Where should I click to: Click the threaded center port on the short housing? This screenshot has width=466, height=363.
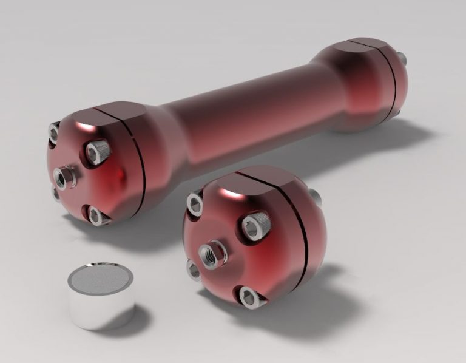(209, 253)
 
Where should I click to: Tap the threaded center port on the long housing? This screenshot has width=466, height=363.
(64, 177)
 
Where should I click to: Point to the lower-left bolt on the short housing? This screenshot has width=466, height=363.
(194, 270)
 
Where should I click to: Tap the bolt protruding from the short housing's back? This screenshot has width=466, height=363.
(315, 195)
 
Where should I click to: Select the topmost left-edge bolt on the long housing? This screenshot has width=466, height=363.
(54, 131)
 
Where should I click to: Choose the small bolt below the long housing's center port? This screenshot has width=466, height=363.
(56, 194)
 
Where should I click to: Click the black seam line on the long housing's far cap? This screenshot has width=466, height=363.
(393, 79)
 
